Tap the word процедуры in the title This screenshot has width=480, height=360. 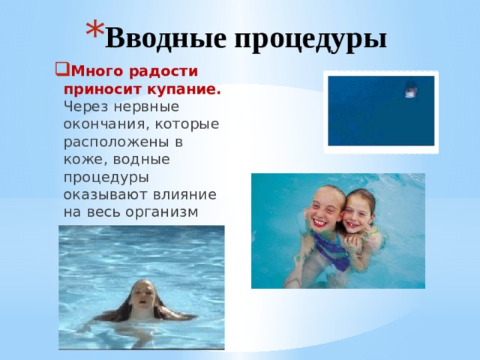(313, 37)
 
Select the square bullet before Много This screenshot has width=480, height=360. (60, 73)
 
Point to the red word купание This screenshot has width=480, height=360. (188, 89)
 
